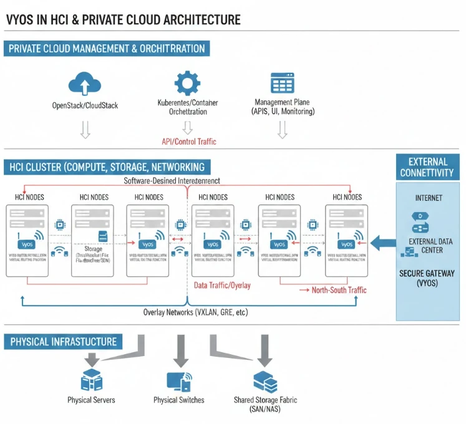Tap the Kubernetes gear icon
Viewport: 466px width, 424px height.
click(187, 84)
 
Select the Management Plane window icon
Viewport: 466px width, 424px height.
click(282, 84)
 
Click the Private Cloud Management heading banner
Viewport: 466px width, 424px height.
click(106, 49)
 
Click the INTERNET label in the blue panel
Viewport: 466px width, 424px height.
click(429, 198)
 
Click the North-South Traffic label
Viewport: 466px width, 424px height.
click(339, 290)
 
